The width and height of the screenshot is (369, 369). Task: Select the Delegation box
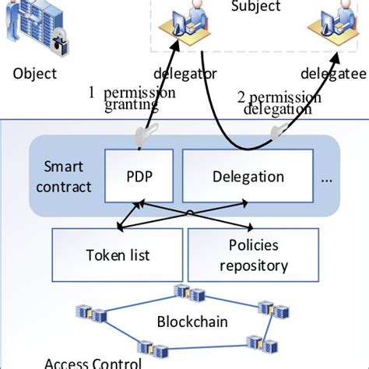click(x=248, y=177)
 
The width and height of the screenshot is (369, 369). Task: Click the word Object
click(x=35, y=75)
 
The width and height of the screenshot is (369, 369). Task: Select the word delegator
click(x=176, y=75)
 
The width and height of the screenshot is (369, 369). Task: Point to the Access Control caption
click(x=93, y=362)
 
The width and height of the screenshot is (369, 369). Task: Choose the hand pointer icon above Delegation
click(x=276, y=134)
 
